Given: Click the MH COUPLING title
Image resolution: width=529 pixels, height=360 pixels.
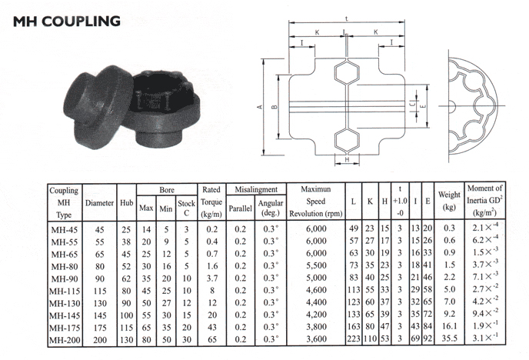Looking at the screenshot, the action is [66, 22].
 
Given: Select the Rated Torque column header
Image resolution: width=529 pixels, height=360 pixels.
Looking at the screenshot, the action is [211, 202].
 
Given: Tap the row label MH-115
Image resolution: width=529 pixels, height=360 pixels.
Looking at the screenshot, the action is [65, 291].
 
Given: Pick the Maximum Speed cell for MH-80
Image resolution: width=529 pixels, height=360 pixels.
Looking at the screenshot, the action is [316, 265].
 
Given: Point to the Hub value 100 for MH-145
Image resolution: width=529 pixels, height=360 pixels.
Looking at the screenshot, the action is [127, 315].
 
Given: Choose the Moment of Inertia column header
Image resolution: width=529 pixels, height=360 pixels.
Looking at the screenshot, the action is [485, 201].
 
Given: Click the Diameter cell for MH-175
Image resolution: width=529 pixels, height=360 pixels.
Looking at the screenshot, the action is [100, 328].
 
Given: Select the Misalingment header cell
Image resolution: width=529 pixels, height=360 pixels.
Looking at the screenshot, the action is [256, 190].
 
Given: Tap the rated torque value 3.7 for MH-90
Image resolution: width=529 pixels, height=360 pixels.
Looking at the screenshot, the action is [212, 278].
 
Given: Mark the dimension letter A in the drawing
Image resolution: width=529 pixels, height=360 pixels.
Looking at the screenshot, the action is [259, 107].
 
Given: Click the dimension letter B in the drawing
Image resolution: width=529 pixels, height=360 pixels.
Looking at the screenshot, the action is [274, 107].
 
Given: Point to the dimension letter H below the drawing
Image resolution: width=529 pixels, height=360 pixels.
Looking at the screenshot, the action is [347, 160].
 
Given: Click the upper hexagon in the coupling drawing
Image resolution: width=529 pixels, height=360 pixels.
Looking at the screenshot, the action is [347, 72].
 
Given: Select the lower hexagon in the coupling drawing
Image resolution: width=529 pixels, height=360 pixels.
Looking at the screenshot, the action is [347, 140].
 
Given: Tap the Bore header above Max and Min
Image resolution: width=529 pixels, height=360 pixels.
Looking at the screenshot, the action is [167, 190].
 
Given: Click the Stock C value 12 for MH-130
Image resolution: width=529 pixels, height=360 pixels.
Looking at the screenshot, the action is [187, 303].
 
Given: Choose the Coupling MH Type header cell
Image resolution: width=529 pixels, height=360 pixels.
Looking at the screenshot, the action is [64, 202].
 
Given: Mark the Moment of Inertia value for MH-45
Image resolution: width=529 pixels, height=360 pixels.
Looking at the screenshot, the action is [485, 227].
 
